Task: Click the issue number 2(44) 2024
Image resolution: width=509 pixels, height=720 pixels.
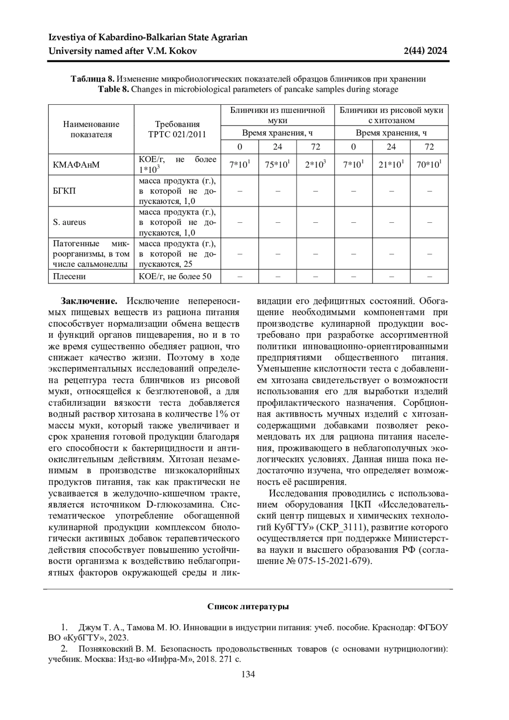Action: (x=425, y=51)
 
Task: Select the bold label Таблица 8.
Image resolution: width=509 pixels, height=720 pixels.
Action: (x=92, y=79)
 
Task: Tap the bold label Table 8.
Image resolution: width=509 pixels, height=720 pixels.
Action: (x=113, y=90)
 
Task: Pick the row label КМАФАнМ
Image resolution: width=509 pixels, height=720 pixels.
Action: (x=76, y=165)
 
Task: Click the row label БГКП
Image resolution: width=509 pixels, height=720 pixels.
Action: (x=64, y=191)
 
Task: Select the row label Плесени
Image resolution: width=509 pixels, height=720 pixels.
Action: (x=69, y=277)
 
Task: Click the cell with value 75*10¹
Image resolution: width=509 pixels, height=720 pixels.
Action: (x=277, y=165)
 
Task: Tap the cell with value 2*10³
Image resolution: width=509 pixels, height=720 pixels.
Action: (x=315, y=165)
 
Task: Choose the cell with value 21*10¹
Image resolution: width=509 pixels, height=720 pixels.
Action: (x=391, y=165)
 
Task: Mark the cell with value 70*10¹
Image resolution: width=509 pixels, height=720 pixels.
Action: (x=429, y=165)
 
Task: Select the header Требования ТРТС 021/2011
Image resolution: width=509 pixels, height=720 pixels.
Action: (x=177, y=129)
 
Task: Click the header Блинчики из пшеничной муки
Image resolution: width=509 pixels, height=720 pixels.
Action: (x=277, y=115)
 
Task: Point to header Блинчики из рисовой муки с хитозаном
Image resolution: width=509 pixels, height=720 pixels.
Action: (x=391, y=115)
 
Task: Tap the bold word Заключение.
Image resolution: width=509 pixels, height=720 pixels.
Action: (x=89, y=301)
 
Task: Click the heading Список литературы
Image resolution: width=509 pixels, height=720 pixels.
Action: (x=248, y=607)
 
